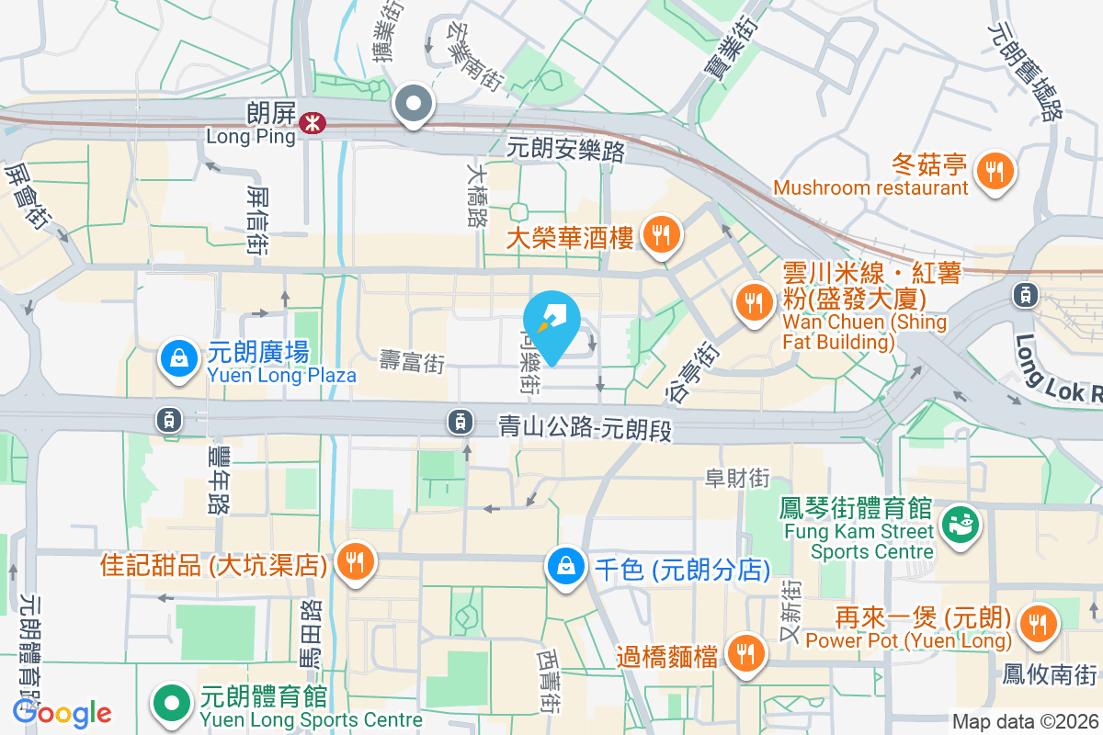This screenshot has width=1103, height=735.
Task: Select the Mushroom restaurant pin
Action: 994,170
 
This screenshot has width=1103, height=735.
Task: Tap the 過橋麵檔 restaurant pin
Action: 743,653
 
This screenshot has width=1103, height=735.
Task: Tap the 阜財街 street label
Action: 736,478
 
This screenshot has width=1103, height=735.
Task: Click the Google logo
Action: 62,713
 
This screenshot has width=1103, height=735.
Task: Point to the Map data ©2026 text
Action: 1024,721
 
